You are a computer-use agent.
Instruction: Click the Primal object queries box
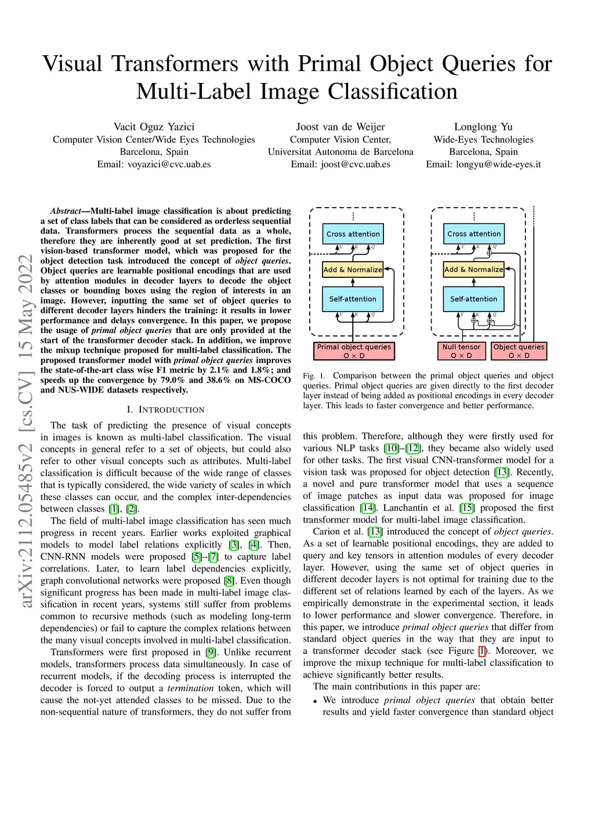(354, 351)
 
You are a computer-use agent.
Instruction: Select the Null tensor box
(461, 351)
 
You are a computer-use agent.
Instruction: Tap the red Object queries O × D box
(519, 351)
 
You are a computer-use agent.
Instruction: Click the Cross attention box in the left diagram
(353, 234)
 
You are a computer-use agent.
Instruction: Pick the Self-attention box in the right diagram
(473, 299)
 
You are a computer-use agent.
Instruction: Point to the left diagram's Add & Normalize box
(353, 269)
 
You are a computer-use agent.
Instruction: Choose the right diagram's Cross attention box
(474, 234)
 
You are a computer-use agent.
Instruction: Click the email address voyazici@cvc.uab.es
(169, 164)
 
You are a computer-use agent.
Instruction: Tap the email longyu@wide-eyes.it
(498, 164)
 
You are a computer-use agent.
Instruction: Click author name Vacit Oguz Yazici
(154, 126)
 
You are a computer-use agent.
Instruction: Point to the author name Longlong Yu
(483, 126)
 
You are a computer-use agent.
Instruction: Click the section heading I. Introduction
(165, 410)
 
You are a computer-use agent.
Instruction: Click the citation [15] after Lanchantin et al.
(466, 508)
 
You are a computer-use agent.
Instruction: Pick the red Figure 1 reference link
(482, 651)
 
